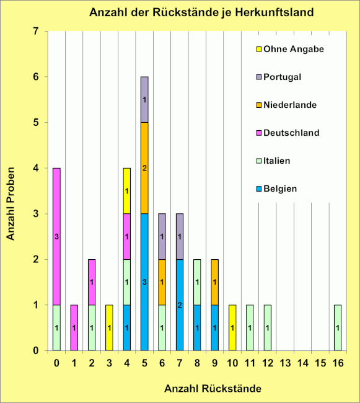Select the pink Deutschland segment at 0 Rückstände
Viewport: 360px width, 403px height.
pyautogui.click(x=56, y=236)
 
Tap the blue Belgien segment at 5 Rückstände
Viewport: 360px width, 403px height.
pyautogui.click(x=144, y=282)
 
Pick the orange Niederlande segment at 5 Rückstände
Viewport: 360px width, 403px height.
pyautogui.click(x=144, y=168)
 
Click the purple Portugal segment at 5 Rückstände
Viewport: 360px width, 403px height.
pyautogui.click(x=144, y=99)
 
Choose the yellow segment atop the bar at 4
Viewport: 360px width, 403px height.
pyautogui.click(x=126, y=191)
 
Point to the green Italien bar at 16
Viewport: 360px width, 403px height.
pyautogui.click(x=338, y=327)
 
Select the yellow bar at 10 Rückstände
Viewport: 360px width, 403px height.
pyautogui.click(x=232, y=327)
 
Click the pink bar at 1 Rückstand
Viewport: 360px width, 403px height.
pyautogui.click(x=74, y=327)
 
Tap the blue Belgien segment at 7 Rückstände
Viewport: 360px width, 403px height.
pyautogui.click(x=179, y=304)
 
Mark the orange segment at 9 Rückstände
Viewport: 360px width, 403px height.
pyautogui.click(x=214, y=282)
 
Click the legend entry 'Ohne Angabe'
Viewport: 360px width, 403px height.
pyautogui.click(x=284, y=49)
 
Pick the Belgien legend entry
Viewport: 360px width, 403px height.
pyautogui.click(x=281, y=188)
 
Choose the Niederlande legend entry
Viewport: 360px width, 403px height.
pyautogui.click(x=290, y=105)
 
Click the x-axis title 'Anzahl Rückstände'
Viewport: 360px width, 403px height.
pyautogui.click(x=213, y=389)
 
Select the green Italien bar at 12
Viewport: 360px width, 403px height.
pyautogui.click(x=267, y=327)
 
